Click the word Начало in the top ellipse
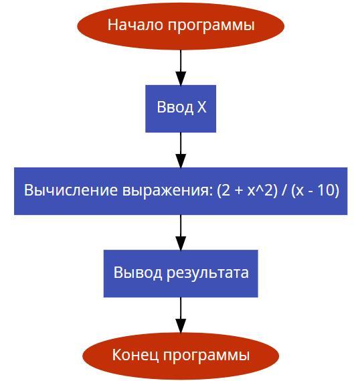(135, 25)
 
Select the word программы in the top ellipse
(211, 26)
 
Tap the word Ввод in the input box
(175, 107)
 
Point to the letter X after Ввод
(201, 107)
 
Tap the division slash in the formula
(284, 190)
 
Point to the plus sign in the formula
(239, 190)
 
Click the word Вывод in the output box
(138, 273)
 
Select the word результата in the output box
(207, 273)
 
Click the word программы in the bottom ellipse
(206, 356)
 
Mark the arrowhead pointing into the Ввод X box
(181, 78)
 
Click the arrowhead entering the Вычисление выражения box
(181, 161)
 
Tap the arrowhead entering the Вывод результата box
(181, 243)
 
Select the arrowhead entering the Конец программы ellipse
(181, 325)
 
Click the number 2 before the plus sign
(226, 189)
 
